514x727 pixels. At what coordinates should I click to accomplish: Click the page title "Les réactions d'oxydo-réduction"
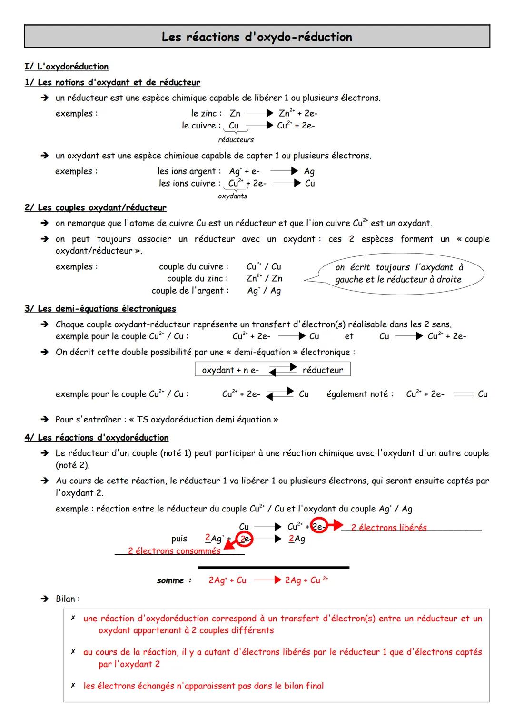tap(257, 37)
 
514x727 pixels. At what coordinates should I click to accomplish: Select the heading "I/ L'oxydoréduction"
tap(67, 67)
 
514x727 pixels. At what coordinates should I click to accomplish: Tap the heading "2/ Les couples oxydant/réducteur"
tap(95, 208)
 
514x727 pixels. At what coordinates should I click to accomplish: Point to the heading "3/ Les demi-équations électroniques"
tap(100, 309)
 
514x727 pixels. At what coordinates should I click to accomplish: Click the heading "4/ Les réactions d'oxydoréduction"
tap(97, 438)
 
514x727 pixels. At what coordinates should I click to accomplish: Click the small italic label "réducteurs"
tap(236, 140)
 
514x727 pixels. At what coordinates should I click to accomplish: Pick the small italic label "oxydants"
tap(232, 196)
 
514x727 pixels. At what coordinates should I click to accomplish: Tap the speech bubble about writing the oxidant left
tap(399, 274)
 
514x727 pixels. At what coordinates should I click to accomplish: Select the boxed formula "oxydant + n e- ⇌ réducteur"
tap(272, 370)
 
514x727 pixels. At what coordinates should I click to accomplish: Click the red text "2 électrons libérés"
tap(389, 528)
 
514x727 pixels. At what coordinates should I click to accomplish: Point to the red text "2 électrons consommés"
tap(174, 551)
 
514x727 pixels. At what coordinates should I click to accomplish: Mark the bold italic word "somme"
tap(170, 580)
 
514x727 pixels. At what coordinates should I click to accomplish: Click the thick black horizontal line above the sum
tap(274, 567)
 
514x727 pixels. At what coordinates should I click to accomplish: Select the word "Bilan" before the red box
tap(67, 599)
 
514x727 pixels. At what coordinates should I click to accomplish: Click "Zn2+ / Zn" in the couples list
tap(264, 279)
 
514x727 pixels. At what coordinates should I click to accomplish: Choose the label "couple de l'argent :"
tap(190, 291)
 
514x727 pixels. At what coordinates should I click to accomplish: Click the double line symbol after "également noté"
tap(463, 394)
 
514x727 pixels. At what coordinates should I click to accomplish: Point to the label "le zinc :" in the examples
tap(206, 114)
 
